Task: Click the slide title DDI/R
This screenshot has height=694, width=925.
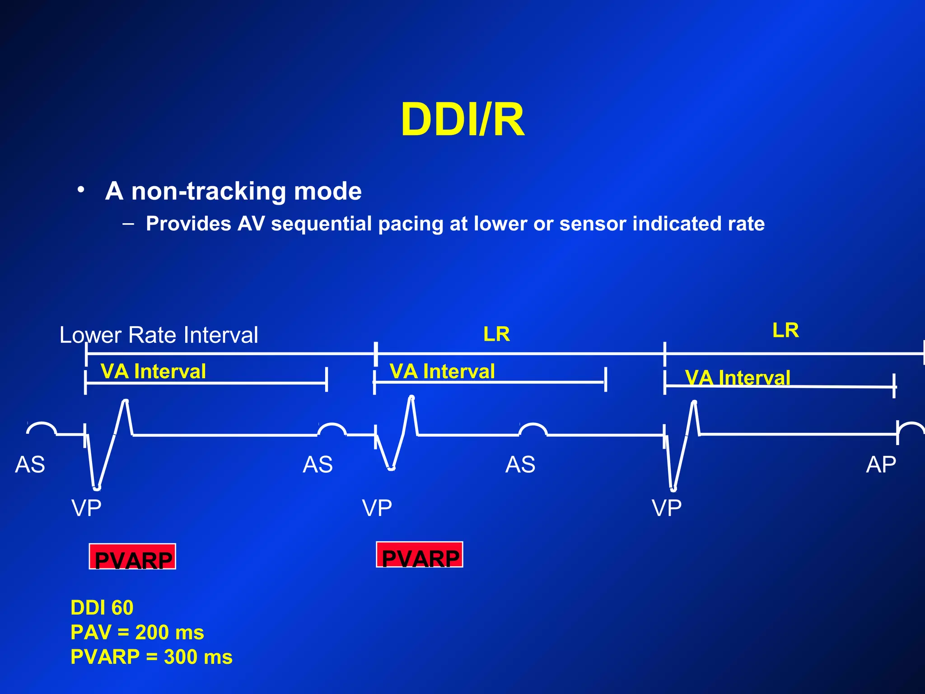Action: pyautogui.click(x=462, y=120)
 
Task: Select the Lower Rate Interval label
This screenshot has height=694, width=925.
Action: pyautogui.click(x=159, y=335)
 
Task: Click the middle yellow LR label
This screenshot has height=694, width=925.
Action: pyautogui.click(x=496, y=334)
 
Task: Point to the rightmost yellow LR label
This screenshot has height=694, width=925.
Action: pyautogui.click(x=785, y=330)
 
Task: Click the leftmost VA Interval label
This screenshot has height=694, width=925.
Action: pyautogui.click(x=153, y=371)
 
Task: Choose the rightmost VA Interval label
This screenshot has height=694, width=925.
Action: pyautogui.click(x=737, y=378)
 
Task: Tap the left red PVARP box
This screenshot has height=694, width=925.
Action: pyautogui.click(x=132, y=557)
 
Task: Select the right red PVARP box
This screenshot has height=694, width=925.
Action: pyautogui.click(x=420, y=554)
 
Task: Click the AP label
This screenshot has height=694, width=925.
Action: pyautogui.click(x=881, y=464)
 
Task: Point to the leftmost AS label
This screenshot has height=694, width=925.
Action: pyautogui.click(x=30, y=464)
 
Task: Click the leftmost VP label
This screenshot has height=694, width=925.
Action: pyautogui.click(x=86, y=508)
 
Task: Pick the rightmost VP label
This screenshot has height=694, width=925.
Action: pyautogui.click(x=666, y=508)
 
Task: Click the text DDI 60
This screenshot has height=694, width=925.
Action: pyautogui.click(x=102, y=608)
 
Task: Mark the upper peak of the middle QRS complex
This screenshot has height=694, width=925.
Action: pyautogui.click(x=411, y=398)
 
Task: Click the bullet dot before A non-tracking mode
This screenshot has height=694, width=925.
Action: pyautogui.click(x=80, y=190)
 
